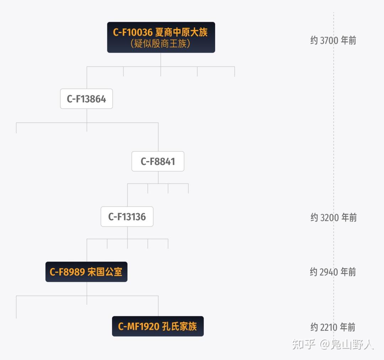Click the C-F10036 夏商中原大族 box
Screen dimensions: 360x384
(161, 37)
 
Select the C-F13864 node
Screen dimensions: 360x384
(86, 99)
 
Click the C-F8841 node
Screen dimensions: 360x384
(158, 162)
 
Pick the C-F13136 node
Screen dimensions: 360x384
(127, 217)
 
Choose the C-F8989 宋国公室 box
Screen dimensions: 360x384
(86, 272)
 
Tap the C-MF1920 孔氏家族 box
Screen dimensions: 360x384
(158, 326)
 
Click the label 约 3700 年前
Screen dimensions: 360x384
(333, 41)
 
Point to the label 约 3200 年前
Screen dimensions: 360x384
(333, 217)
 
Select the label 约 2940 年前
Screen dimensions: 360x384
(333, 272)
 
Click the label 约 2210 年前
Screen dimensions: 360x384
(333, 327)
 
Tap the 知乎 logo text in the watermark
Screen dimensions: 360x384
(304, 344)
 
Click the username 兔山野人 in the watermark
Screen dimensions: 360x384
(352, 344)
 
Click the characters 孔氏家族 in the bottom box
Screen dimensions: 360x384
(179, 326)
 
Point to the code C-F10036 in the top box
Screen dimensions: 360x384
(133, 32)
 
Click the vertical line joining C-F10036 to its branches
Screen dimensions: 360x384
(161, 59)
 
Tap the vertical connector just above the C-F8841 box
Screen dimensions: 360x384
(158, 139)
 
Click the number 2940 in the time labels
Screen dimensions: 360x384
(329, 272)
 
